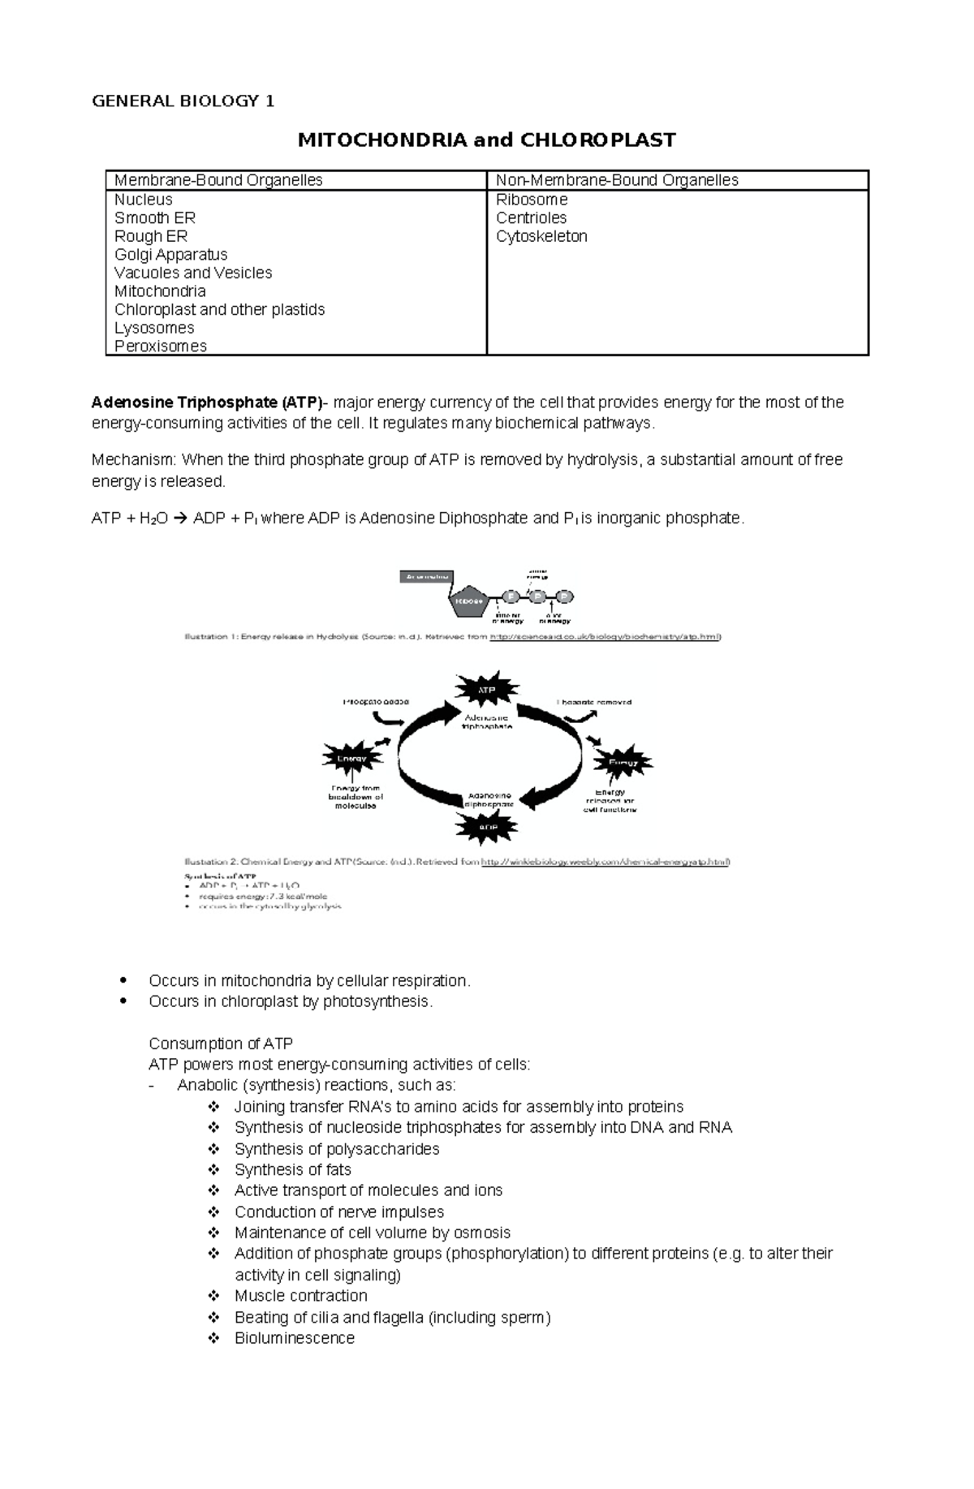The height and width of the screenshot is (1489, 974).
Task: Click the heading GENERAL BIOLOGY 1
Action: (183, 101)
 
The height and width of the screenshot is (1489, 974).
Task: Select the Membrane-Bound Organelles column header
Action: (218, 180)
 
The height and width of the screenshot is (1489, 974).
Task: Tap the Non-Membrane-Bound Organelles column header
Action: (616, 180)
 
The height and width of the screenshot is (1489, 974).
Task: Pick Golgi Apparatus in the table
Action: (170, 255)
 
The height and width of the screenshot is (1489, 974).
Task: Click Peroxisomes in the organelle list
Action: (160, 346)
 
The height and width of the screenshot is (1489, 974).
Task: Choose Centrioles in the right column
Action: (531, 217)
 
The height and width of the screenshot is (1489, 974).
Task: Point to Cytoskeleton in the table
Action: (541, 236)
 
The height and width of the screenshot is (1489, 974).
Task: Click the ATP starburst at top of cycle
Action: (486, 690)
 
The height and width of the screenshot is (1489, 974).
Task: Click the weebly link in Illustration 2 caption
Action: (606, 862)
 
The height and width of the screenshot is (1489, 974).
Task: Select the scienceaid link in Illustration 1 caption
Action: (606, 637)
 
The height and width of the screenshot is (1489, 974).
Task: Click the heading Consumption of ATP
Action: (221, 1044)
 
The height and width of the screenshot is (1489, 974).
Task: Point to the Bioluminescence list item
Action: (294, 1338)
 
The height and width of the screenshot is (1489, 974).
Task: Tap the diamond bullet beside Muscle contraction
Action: (214, 1296)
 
